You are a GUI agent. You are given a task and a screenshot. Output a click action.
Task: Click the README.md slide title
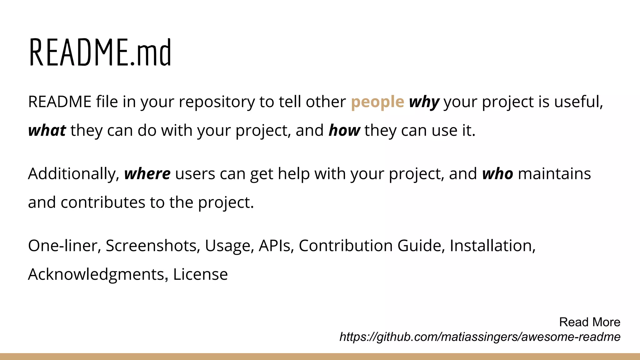(100, 52)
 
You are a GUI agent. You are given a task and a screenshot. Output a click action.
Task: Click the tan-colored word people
(377, 102)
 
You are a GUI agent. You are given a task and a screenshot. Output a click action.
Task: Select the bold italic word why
(424, 102)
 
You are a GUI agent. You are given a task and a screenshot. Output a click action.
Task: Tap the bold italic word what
(47, 131)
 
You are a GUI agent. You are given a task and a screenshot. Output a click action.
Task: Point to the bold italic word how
(344, 131)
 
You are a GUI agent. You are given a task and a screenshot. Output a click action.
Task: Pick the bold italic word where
(147, 174)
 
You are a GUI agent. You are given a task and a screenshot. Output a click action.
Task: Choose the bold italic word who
(497, 174)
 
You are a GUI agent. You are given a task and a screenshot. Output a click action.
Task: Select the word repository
(217, 102)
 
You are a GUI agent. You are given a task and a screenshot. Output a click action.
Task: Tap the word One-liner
(64, 246)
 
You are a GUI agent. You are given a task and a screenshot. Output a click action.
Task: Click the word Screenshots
(153, 246)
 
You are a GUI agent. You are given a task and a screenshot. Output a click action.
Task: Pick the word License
(200, 275)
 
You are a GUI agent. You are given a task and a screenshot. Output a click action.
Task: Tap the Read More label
(589, 322)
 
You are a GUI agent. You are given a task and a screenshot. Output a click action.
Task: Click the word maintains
(554, 174)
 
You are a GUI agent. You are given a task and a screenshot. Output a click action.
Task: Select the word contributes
(103, 203)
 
